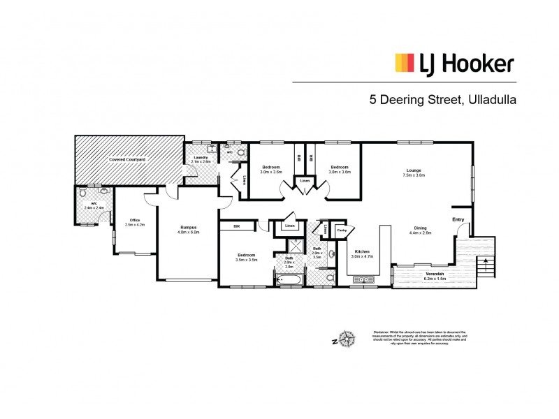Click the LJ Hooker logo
tap(456, 64)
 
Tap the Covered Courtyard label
tap(127, 160)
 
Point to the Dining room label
tap(421, 230)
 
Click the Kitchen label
tap(362, 251)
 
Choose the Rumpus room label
tap(187, 228)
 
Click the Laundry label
tap(201, 158)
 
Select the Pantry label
tap(342, 230)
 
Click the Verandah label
tap(434, 274)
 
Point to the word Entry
tap(458, 220)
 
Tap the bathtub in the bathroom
tap(289, 281)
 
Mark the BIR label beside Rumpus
tap(237, 226)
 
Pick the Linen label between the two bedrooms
tap(305, 181)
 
